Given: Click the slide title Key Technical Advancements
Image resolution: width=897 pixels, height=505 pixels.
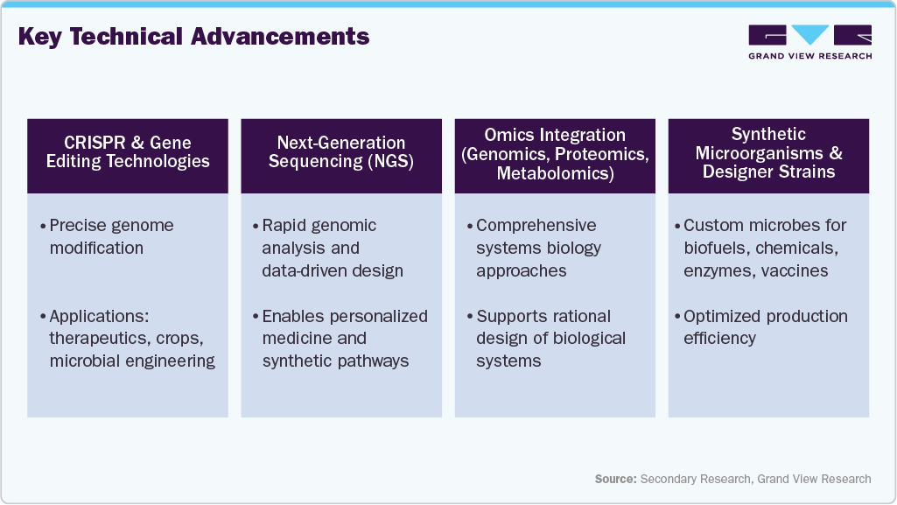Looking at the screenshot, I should point(193,37).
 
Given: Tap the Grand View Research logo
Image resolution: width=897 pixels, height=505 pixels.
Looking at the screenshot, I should point(809,42).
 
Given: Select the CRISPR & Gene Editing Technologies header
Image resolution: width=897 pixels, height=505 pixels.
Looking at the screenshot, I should point(128,152).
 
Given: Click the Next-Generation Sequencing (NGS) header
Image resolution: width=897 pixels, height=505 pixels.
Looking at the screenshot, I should point(341,152).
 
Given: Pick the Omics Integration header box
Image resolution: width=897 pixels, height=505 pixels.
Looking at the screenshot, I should point(555,154).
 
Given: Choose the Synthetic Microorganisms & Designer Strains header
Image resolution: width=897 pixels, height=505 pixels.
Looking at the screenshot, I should point(768,153).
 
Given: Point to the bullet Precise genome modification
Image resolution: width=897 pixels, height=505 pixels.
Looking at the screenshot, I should point(111,236).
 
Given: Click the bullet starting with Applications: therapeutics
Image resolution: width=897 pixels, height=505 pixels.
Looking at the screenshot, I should point(131,339).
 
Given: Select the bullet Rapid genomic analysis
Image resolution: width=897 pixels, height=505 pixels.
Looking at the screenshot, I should point(332,248).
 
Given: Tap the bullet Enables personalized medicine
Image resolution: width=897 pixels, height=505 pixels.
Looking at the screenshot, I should point(344,339).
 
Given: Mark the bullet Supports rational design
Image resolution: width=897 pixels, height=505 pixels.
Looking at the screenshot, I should point(550,339).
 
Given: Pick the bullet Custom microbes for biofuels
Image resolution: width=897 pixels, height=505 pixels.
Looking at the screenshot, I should point(764,248).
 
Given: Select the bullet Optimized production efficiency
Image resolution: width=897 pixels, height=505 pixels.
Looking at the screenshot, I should point(764,327).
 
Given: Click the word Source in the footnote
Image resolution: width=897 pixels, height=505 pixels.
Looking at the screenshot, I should point(615,479).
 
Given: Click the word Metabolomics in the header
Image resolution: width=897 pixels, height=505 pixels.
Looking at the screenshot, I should point(555,173).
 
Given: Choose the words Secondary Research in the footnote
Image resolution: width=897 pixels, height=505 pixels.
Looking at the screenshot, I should point(695,479).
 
